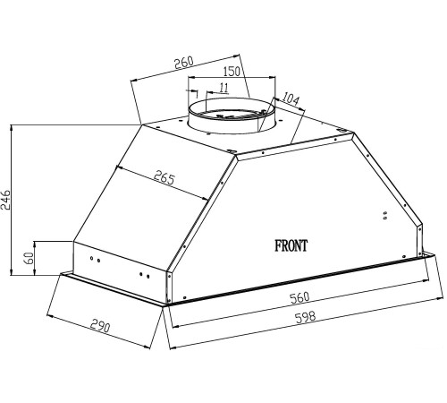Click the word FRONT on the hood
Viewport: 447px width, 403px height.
coord(291,246)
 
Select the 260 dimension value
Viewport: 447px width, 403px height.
coord(184,63)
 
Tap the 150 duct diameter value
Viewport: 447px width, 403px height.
coord(232,71)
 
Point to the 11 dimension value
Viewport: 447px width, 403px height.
coord(223,88)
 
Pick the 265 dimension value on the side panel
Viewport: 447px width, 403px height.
coord(164,177)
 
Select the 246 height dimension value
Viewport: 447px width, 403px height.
coord(6,200)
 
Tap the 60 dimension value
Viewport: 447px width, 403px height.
coord(30,258)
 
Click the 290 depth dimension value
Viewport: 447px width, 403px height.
coord(100,326)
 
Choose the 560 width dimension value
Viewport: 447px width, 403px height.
coord(300,298)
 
